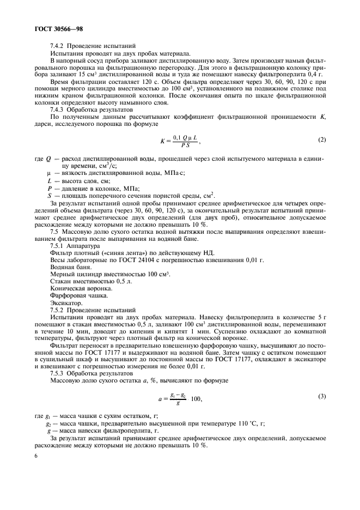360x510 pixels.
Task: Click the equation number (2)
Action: point(322,139)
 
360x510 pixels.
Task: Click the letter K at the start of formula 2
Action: point(162,141)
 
